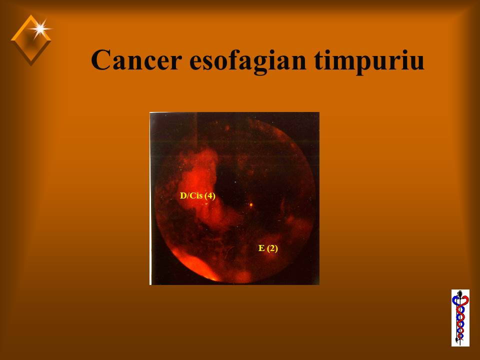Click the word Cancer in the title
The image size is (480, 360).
136,59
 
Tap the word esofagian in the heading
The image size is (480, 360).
248,61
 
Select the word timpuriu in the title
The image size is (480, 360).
369,61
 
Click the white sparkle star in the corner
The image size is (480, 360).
40,29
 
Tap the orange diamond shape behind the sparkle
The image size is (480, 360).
30,40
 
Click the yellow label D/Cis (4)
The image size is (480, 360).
197,195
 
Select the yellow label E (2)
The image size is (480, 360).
268,248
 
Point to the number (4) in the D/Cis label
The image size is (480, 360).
210,195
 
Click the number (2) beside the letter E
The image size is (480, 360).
272,248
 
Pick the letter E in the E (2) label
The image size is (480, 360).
261,248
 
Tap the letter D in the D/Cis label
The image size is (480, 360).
183,195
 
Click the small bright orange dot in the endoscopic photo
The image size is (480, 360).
251,204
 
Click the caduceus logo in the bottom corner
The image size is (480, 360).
460,318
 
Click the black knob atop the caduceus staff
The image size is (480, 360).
460,294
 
